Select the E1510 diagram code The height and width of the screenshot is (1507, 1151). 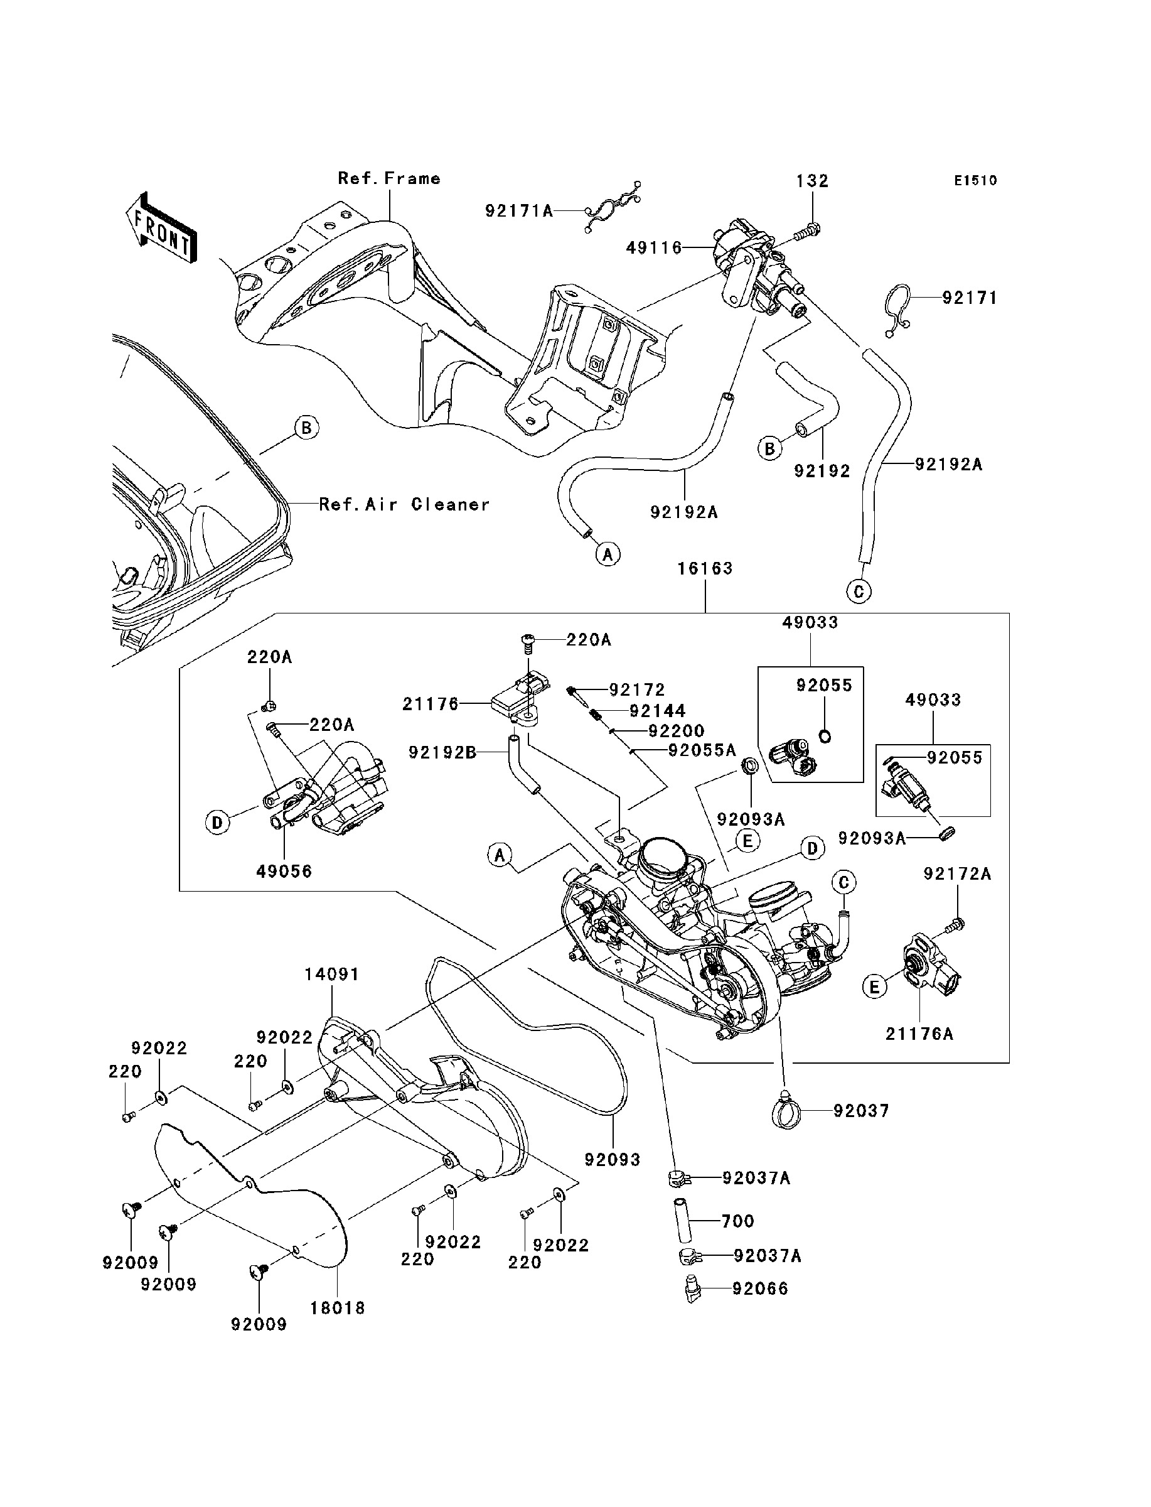976,181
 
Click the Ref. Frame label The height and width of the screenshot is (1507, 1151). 388,179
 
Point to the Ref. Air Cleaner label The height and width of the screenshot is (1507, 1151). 404,505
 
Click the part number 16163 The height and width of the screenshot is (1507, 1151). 705,569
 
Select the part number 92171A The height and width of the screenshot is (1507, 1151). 518,211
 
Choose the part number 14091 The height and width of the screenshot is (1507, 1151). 331,975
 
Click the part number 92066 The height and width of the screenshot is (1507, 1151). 760,1289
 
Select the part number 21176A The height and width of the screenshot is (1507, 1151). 919,1034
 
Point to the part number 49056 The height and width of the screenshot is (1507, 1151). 284,872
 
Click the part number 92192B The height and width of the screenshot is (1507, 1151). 442,753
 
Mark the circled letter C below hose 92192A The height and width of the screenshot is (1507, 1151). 859,591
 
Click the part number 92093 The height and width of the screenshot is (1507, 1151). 612,1160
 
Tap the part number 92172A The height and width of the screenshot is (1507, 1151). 957,875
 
